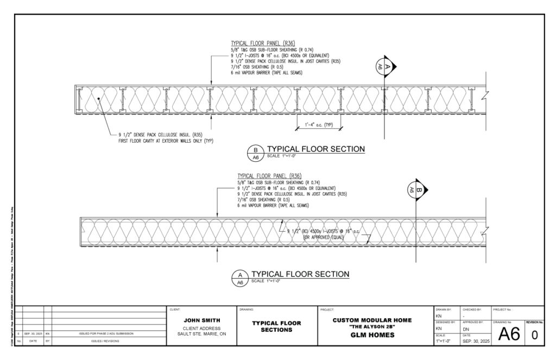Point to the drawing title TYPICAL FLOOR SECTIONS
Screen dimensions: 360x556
pos(277,326)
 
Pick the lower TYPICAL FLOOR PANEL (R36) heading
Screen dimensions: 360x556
pos(262,176)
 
